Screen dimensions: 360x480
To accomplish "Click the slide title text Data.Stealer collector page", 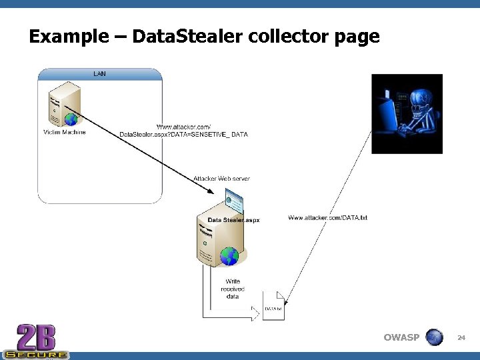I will coord(203,36).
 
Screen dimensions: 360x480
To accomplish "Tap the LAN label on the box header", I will coord(99,73).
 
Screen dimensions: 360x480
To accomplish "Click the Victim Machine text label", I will coord(65,132).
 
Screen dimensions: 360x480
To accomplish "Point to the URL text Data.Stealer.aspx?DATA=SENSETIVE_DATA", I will coord(183,135).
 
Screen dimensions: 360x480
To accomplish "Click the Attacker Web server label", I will coord(222,179).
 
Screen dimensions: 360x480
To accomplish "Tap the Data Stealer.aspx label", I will coord(233,219).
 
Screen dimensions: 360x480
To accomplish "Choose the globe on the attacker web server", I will coord(229,255).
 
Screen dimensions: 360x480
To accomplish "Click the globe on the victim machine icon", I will coord(71,119).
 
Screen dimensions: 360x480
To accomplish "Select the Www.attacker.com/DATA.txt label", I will coord(327,218).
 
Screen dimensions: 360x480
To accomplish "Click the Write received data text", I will coord(233,289).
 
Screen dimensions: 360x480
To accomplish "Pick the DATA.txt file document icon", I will coord(273,306).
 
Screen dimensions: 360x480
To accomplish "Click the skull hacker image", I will coord(407,114).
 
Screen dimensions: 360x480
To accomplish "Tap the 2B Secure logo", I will coord(35,341).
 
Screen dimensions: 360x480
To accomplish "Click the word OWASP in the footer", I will coord(401,337).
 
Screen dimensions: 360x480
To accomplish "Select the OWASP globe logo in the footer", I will coord(435,337).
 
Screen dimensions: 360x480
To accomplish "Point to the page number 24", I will coord(461,338).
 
